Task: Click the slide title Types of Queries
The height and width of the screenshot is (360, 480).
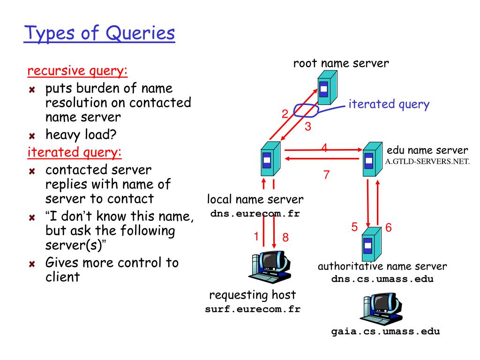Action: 99,33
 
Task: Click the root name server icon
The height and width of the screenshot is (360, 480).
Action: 327,88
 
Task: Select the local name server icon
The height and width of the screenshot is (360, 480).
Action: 270,158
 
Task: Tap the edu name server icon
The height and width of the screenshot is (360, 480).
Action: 372,159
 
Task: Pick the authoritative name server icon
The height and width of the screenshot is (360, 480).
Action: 371,244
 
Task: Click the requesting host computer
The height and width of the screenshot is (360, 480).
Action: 270,267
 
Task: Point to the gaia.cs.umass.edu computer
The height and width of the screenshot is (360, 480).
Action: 381,309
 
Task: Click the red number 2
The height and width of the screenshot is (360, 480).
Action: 285,114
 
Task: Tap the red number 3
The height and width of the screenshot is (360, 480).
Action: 308,127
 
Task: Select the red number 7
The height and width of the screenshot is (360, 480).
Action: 326,174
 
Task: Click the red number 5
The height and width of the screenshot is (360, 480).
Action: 354,227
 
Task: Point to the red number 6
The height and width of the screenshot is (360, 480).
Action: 389,227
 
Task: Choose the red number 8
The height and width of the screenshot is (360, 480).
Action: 285,237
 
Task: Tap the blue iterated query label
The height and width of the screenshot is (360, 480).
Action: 389,105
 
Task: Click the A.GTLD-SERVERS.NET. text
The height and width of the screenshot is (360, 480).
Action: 427,161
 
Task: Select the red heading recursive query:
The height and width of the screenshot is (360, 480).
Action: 77,71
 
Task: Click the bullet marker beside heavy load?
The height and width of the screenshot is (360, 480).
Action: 32,135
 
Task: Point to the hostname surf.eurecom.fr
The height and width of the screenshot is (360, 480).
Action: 253,309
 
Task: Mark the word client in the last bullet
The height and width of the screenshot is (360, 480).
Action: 62,277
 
